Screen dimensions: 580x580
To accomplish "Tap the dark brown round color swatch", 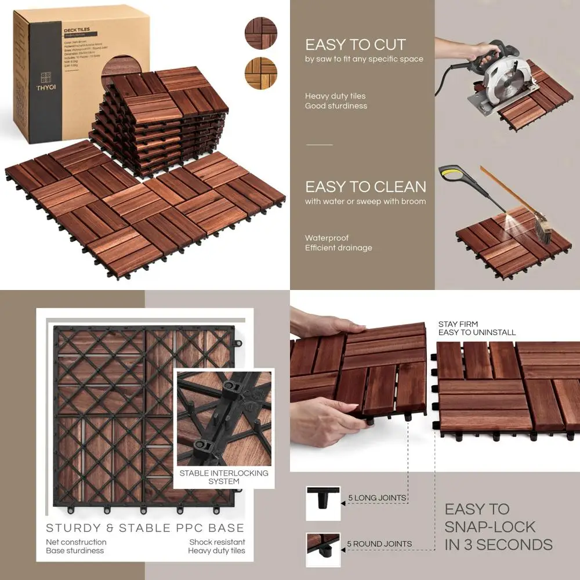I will point(260,33).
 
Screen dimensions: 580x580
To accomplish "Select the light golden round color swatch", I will point(260,73).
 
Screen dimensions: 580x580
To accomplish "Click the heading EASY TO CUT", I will point(356,45).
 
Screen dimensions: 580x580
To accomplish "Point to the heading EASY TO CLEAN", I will point(365,187).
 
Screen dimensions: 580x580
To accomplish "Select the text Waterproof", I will point(327,238).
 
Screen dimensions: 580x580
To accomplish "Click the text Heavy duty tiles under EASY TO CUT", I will point(335,96).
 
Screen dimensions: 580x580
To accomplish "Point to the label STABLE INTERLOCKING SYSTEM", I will point(224,477).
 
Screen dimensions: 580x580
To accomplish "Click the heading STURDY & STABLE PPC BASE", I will point(145,528).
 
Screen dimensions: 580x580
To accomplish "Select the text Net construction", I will point(76,542).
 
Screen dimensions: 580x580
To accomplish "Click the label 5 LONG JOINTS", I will point(377,498).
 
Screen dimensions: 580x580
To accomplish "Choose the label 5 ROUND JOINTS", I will point(379,543).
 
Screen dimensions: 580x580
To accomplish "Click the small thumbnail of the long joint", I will point(323,502).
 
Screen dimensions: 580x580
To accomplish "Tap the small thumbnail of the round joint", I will point(323,549).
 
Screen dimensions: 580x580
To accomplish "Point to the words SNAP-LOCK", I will point(490,527).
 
